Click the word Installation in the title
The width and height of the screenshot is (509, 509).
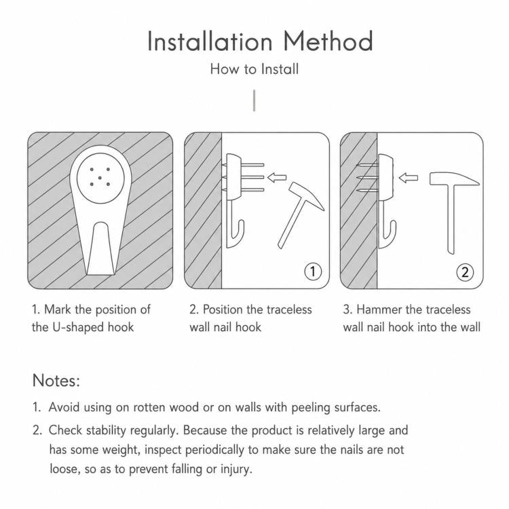(x=210, y=41)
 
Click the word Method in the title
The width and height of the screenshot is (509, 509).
(x=328, y=41)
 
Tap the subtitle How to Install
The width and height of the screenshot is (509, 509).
(x=254, y=69)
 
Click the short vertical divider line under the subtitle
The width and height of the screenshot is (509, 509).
(x=254, y=100)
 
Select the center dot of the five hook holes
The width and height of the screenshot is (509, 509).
(x=100, y=177)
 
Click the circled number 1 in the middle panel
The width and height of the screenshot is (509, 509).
(x=313, y=271)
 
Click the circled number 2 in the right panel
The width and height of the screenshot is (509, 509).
(x=465, y=272)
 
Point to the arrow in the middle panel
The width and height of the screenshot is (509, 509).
(x=277, y=178)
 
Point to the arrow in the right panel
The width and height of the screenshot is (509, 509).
(x=408, y=178)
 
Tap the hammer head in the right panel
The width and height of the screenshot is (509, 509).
(x=453, y=179)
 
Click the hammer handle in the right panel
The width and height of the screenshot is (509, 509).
(x=451, y=219)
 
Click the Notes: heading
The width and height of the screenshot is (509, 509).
(x=56, y=380)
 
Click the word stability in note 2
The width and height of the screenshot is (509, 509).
(x=106, y=430)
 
